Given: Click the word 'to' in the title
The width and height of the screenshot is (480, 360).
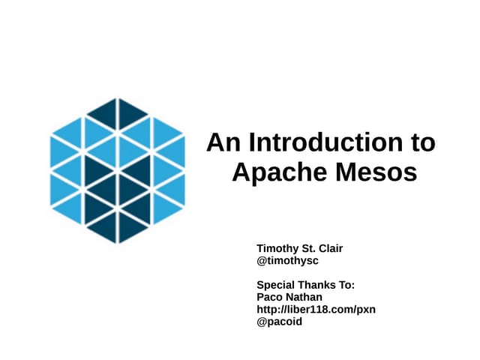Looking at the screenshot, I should pos(422,142).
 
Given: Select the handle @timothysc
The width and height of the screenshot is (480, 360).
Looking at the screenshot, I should pos(288,260).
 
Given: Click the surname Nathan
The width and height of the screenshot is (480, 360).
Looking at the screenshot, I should pos(305,297).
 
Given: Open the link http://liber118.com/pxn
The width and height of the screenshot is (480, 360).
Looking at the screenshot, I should pos(316,309).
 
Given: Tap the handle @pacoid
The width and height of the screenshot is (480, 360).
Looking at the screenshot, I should pos(280,322).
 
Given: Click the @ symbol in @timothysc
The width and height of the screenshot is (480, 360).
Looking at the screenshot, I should pos(262,260).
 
